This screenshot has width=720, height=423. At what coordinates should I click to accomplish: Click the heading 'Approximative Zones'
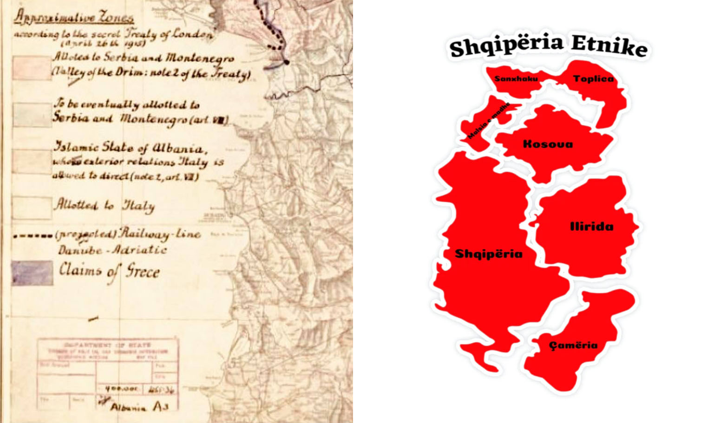(x=74, y=17)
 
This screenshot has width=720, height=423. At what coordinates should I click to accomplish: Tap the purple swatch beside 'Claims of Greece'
(x=32, y=273)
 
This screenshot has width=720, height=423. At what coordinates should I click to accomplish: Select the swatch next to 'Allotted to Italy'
(x=32, y=208)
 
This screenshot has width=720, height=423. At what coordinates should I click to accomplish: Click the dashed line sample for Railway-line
(x=33, y=236)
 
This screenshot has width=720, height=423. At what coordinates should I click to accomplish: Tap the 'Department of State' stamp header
(x=107, y=345)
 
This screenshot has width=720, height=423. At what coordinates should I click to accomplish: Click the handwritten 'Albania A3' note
(x=139, y=407)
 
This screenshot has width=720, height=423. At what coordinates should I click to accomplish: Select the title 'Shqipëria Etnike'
(x=548, y=46)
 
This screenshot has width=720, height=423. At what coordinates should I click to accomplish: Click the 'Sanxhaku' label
(x=516, y=78)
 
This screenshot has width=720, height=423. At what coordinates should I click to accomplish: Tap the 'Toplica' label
(x=593, y=78)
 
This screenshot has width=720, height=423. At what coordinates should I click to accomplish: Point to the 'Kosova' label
(x=548, y=144)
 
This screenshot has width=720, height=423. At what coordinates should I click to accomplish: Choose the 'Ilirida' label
(x=591, y=227)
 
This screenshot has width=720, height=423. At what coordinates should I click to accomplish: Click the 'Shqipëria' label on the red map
(x=489, y=254)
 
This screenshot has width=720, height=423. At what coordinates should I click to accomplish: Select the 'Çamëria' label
(x=573, y=345)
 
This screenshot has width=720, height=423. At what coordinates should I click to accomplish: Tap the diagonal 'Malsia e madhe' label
(x=488, y=121)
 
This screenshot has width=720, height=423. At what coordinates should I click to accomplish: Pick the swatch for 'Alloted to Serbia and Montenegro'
(x=32, y=68)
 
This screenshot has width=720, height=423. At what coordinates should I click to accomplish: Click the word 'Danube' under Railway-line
(x=80, y=250)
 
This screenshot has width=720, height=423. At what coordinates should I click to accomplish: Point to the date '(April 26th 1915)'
(x=103, y=44)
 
